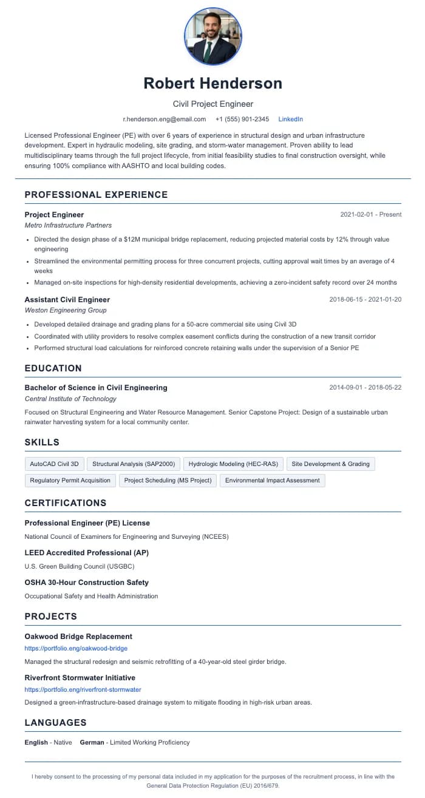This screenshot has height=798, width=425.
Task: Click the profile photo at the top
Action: (x=212, y=36)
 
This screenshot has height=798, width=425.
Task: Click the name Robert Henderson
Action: (x=212, y=83)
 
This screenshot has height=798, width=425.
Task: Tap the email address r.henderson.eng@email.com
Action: (x=165, y=119)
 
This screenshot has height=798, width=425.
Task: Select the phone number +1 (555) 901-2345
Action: (x=242, y=119)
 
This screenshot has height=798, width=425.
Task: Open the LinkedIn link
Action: (x=290, y=119)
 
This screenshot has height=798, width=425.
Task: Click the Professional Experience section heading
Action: (x=96, y=195)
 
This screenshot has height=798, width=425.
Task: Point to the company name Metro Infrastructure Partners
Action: (x=68, y=225)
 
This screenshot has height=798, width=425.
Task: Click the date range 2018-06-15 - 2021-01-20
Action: (x=365, y=300)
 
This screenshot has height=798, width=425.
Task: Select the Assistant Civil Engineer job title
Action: (x=67, y=300)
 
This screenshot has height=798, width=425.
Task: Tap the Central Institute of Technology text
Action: (x=70, y=399)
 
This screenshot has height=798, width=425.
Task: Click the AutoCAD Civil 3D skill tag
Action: (x=55, y=464)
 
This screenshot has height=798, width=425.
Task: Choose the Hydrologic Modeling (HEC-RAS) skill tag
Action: (x=233, y=464)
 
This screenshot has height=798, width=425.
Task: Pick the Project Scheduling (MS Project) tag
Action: (x=168, y=481)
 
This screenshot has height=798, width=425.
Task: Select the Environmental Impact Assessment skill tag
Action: (x=272, y=481)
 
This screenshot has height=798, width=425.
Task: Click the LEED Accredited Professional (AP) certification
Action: (x=86, y=553)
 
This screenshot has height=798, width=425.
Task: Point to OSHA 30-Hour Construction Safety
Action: (x=86, y=583)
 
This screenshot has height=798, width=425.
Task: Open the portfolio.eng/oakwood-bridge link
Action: (x=76, y=649)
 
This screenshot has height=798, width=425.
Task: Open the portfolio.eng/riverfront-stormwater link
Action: (x=83, y=690)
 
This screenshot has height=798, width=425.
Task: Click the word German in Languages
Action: (x=92, y=742)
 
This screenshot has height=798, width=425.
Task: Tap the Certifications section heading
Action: (x=66, y=503)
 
